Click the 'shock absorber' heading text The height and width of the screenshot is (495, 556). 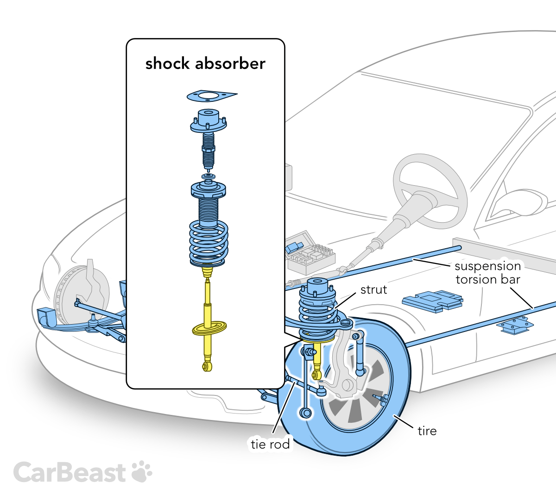pos(205,63)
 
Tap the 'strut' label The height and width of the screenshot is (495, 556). pos(373,290)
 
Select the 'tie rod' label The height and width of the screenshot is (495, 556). pos(270,444)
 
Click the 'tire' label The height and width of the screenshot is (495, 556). pos(427,431)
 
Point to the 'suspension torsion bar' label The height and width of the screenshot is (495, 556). pos(488,273)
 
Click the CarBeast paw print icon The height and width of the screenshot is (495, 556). pos(142,472)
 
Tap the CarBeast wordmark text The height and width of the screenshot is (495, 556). pos(69,473)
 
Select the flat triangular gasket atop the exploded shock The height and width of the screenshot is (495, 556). pos(211,96)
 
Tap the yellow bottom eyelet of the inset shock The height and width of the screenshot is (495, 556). pos(207,367)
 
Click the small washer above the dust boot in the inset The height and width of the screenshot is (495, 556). pos(208,177)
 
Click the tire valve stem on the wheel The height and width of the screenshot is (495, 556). pos(380,398)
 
